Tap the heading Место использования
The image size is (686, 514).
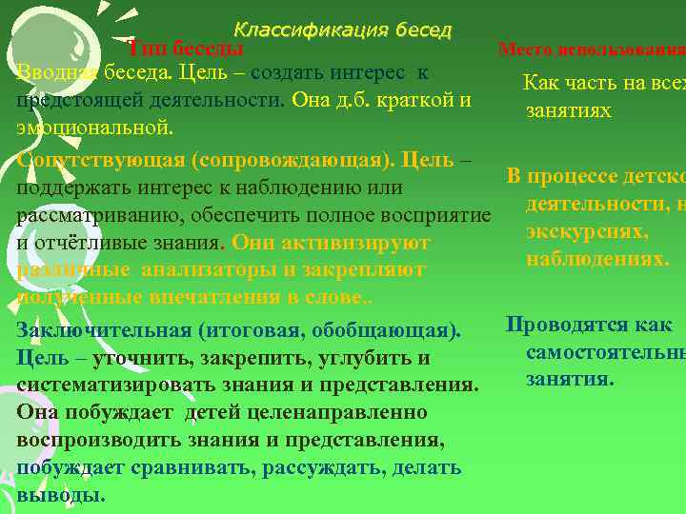[591, 49]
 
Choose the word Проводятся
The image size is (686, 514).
[562, 325]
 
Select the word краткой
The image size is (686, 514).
[403, 100]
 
